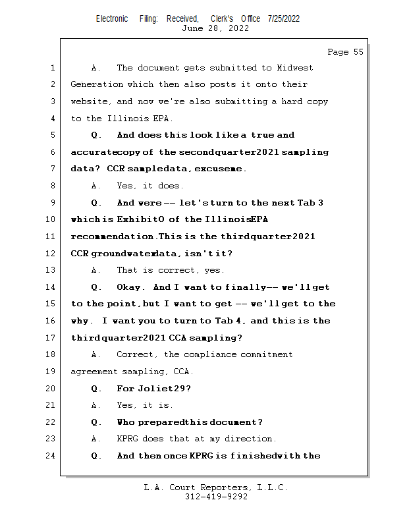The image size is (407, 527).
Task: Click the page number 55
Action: coord(359,52)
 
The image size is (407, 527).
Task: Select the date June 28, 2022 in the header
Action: coord(215,28)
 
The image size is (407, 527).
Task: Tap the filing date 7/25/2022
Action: coord(284,18)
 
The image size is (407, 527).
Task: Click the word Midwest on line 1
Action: coord(295,68)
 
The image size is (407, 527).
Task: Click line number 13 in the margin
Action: coord(51,270)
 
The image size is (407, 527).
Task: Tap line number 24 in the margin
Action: coord(51,456)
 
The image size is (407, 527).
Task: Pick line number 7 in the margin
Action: coord(53,169)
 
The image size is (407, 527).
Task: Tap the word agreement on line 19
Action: coord(94,372)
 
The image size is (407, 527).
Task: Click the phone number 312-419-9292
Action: coord(217,497)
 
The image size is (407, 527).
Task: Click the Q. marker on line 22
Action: coord(96,422)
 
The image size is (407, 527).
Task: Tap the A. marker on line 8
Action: coord(96,186)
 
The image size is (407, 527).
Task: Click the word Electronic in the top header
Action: coord(112,18)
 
